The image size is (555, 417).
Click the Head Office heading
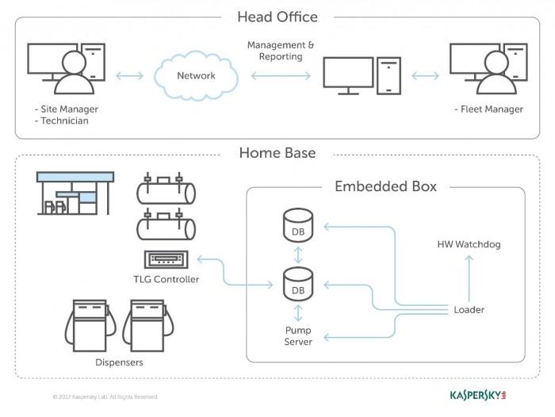(277, 17)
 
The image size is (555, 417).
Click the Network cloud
(195, 75)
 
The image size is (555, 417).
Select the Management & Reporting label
(281, 51)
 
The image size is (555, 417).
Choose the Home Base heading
(277, 152)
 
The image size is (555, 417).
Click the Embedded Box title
(385, 187)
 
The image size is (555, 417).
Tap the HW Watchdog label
(469, 244)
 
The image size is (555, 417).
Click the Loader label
(469, 309)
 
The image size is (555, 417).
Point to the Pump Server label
(299, 335)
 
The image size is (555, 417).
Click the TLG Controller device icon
(166, 260)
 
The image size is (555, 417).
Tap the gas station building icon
(75, 193)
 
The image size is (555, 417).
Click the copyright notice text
(105, 396)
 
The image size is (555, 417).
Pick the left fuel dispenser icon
(88, 325)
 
